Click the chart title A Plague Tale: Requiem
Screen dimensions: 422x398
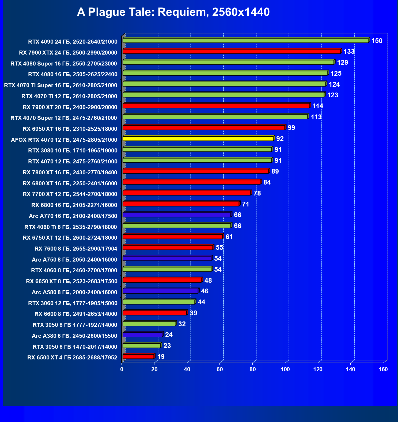click(173, 12)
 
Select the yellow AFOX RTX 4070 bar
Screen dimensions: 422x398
click(198, 139)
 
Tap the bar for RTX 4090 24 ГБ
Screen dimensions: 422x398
click(245, 40)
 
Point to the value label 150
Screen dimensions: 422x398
click(377, 41)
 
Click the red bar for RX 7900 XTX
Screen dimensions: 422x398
click(232, 51)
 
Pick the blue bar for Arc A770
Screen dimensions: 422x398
click(177, 215)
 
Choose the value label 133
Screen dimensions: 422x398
click(349, 52)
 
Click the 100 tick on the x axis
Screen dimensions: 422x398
click(285, 369)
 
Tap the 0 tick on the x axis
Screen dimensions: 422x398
click(122, 369)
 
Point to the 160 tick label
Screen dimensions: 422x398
click(383, 369)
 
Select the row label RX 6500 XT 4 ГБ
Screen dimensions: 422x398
click(72, 358)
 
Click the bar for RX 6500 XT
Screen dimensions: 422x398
click(138, 356)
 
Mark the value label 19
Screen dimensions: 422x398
click(161, 357)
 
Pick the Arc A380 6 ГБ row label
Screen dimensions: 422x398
click(74, 336)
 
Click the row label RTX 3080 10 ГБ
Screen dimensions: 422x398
click(73, 151)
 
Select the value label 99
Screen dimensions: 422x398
click(291, 128)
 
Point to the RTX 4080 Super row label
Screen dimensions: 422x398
click(64, 64)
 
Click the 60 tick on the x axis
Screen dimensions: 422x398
click(220, 369)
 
